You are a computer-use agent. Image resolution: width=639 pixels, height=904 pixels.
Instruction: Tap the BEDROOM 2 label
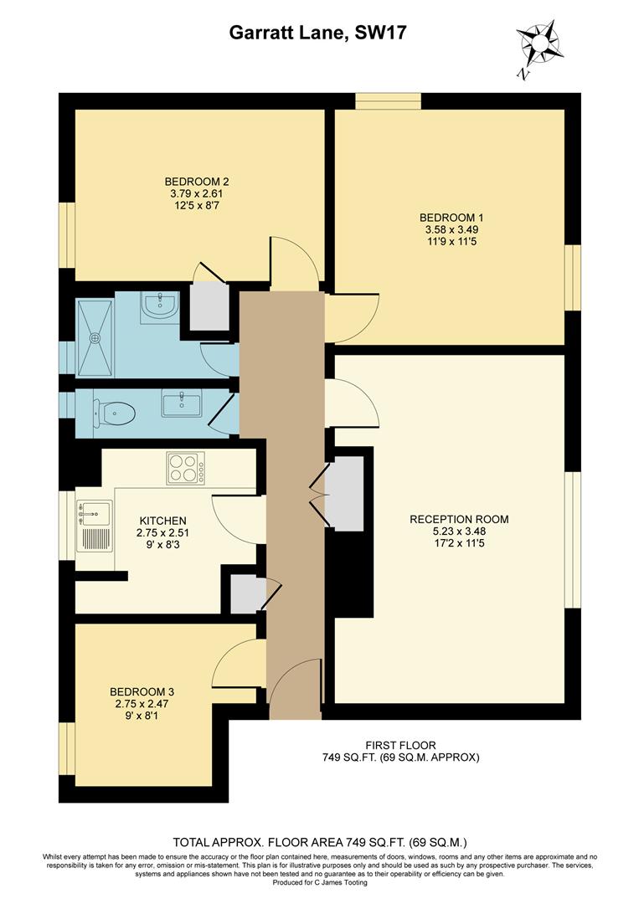click(197, 182)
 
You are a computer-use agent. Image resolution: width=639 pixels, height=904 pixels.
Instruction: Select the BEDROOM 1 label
click(451, 216)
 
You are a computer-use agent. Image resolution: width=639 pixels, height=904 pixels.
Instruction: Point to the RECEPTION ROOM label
click(459, 519)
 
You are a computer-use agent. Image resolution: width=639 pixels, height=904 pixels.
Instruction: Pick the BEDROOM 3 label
click(142, 692)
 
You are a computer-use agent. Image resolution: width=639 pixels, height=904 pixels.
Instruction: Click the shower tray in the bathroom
click(95, 336)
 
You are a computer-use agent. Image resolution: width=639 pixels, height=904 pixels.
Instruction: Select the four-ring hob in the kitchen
click(186, 468)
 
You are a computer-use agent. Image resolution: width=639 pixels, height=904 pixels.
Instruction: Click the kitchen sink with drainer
click(94, 525)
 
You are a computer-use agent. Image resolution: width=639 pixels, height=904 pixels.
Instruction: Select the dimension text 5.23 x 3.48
click(459, 532)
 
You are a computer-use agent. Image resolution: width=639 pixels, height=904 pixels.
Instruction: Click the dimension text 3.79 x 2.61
click(197, 193)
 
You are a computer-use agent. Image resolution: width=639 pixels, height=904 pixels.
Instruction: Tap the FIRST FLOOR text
click(400, 745)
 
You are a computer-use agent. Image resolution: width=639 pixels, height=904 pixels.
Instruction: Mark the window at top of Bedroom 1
click(388, 101)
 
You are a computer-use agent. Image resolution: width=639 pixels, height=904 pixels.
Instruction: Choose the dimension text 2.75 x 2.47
click(142, 705)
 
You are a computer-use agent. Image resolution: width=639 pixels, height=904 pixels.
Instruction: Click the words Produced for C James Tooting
click(319, 881)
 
